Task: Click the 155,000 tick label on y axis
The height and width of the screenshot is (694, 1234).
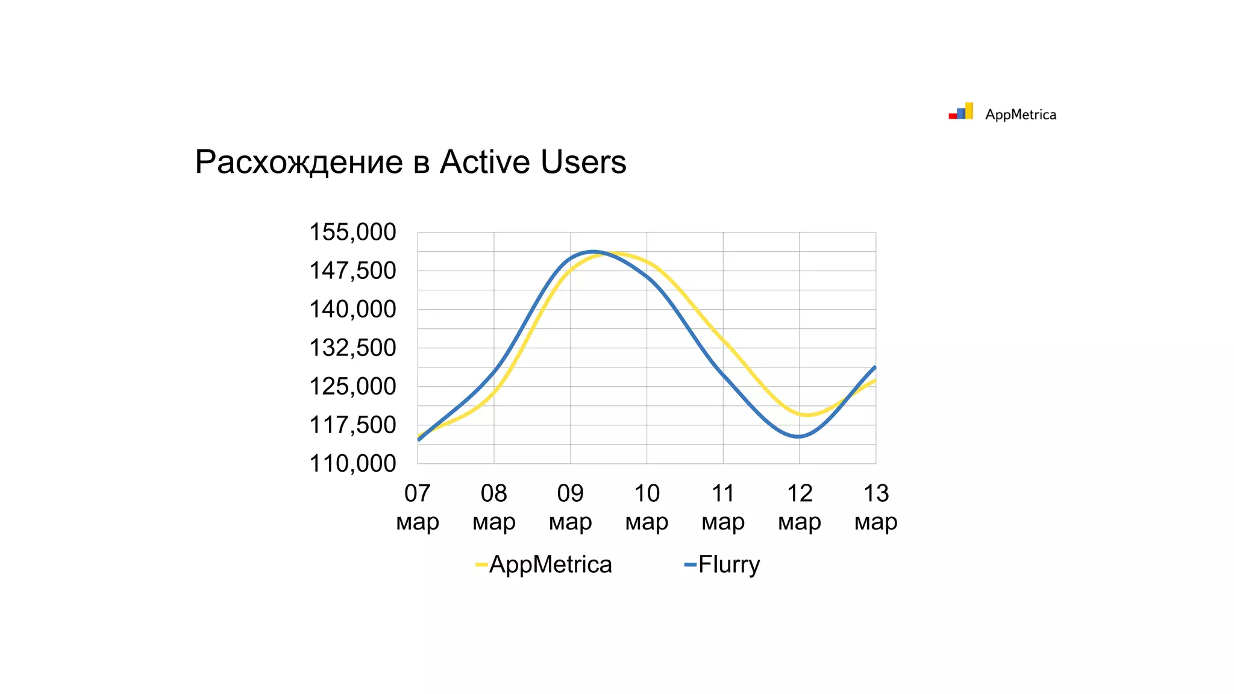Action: coord(352,233)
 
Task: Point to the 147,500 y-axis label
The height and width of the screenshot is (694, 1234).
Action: coord(352,271)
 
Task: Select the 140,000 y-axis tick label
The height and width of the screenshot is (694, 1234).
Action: coord(352,310)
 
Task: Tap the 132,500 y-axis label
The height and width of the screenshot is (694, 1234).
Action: coord(352,348)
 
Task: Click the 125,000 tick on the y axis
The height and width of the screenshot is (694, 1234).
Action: coord(352,387)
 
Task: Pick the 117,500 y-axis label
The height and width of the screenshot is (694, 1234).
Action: coord(352,425)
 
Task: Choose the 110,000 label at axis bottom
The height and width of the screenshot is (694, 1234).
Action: coord(352,464)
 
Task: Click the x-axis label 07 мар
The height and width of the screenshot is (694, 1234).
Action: coord(418,507)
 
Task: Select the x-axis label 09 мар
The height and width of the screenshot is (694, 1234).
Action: coord(570,507)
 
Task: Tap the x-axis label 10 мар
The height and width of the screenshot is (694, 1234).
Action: coord(647,507)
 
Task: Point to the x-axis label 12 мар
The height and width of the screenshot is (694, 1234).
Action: coord(800,507)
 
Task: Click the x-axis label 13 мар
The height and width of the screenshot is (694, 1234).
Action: coord(875,507)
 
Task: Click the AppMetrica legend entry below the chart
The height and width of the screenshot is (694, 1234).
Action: coord(544,564)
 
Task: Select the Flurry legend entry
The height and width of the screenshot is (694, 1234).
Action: coord(722,564)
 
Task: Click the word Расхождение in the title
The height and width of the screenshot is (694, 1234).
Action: coord(299,162)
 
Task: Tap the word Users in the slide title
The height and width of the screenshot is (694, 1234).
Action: coord(583,162)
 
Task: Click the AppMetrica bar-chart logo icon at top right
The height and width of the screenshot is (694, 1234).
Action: coord(961,111)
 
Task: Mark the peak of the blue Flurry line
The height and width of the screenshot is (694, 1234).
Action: coord(594,252)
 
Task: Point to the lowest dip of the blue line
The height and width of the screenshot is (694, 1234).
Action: coord(798,437)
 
